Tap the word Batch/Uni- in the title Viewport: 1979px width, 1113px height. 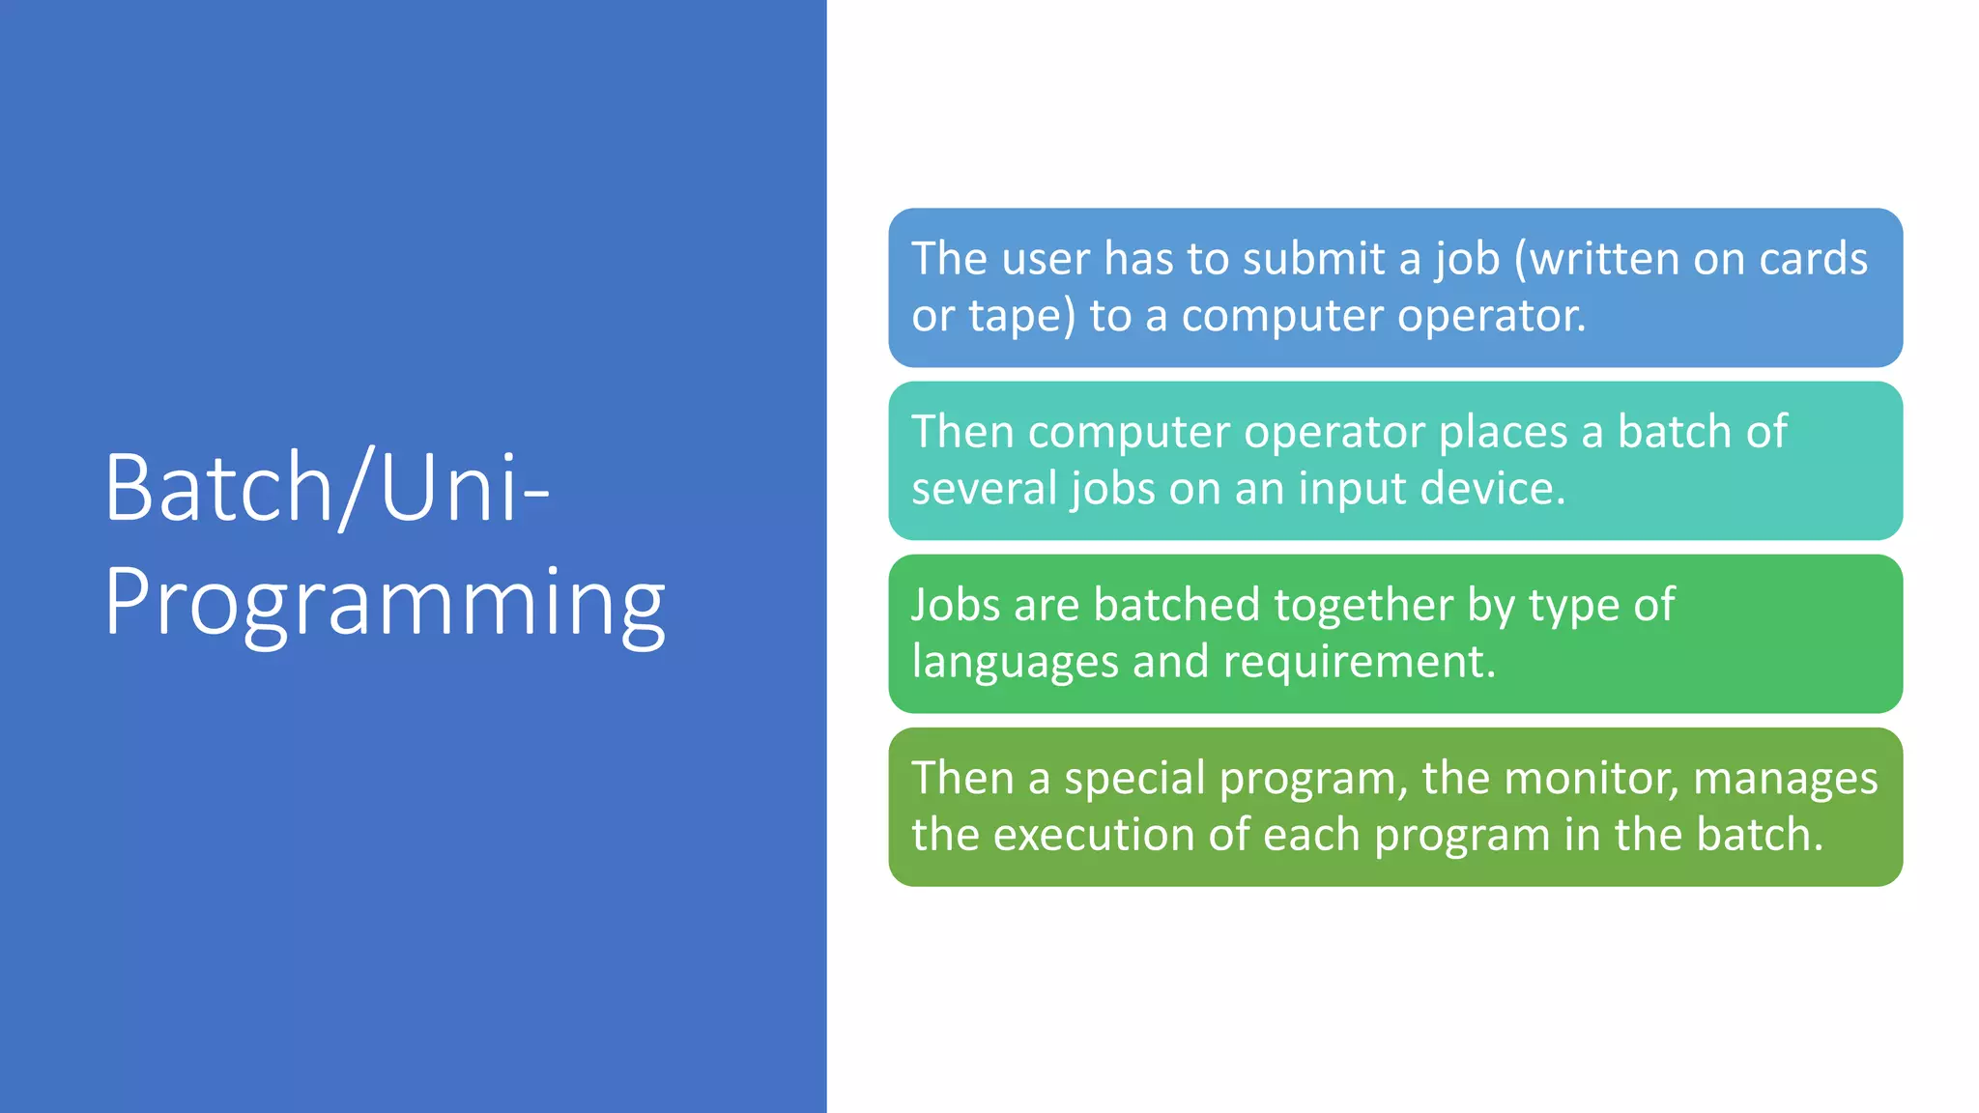[x=327, y=487]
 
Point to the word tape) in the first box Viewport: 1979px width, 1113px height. [x=1021, y=316]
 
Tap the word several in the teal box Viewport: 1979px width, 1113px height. [x=985, y=489]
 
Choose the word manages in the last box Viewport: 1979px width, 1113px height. [x=1785, y=779]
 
